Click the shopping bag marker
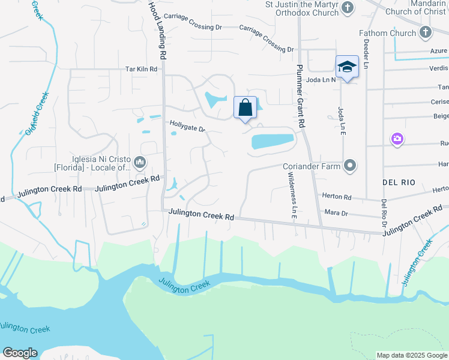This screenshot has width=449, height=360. pyautogui.click(x=245, y=109)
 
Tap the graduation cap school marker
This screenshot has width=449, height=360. pyautogui.click(x=347, y=67)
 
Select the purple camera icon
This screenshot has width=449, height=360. pyautogui.click(x=396, y=139)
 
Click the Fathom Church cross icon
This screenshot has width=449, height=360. pyautogui.click(x=426, y=32)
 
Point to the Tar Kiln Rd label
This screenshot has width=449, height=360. pyautogui.click(x=141, y=69)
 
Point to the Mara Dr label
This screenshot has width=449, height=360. pyautogui.click(x=336, y=213)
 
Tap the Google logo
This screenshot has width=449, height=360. pyautogui.click(x=20, y=353)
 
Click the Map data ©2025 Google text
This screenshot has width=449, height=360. pyautogui.click(x=411, y=355)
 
